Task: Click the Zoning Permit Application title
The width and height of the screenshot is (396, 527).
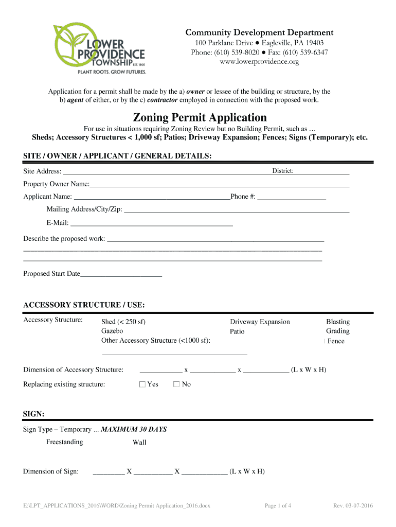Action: coord(200,117)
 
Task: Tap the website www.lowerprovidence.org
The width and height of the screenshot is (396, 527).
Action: coord(259,62)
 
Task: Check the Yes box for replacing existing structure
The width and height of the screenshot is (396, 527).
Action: coord(142,384)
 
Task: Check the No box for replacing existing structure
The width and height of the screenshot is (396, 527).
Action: coord(177,384)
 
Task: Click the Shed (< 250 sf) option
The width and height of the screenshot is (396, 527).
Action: coord(123,322)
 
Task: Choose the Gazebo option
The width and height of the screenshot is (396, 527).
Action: coord(112,331)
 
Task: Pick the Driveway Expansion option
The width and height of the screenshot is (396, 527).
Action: coord(260,322)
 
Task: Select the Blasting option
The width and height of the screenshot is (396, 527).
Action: coord(337,322)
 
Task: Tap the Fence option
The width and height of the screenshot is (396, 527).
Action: coord(335,341)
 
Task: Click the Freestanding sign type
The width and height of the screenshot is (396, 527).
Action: coord(64,442)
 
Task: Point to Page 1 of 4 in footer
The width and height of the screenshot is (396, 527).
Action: coord(278,506)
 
